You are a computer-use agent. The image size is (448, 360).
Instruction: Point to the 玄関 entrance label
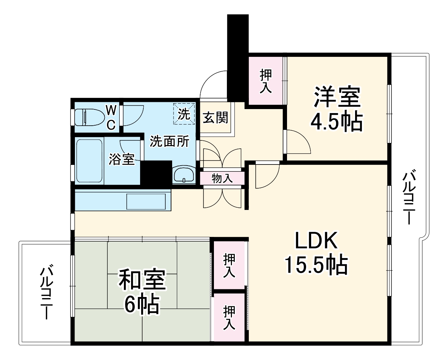tap(215, 118)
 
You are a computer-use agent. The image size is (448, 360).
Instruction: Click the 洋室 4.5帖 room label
tap(337, 110)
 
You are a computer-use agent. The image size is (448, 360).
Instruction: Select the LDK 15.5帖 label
tap(316, 254)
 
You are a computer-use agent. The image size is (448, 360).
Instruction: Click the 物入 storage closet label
tap(222, 178)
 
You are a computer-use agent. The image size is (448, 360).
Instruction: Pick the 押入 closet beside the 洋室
tap(266, 81)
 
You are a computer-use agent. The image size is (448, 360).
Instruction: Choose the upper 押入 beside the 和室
tap(229, 265)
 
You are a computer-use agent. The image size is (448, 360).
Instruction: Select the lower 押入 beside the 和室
tap(229, 317)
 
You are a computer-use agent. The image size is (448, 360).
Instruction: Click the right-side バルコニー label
tap(408, 198)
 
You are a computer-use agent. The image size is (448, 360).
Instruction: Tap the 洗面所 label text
tap(169, 141)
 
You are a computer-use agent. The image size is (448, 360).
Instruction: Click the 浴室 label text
tap(122, 159)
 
